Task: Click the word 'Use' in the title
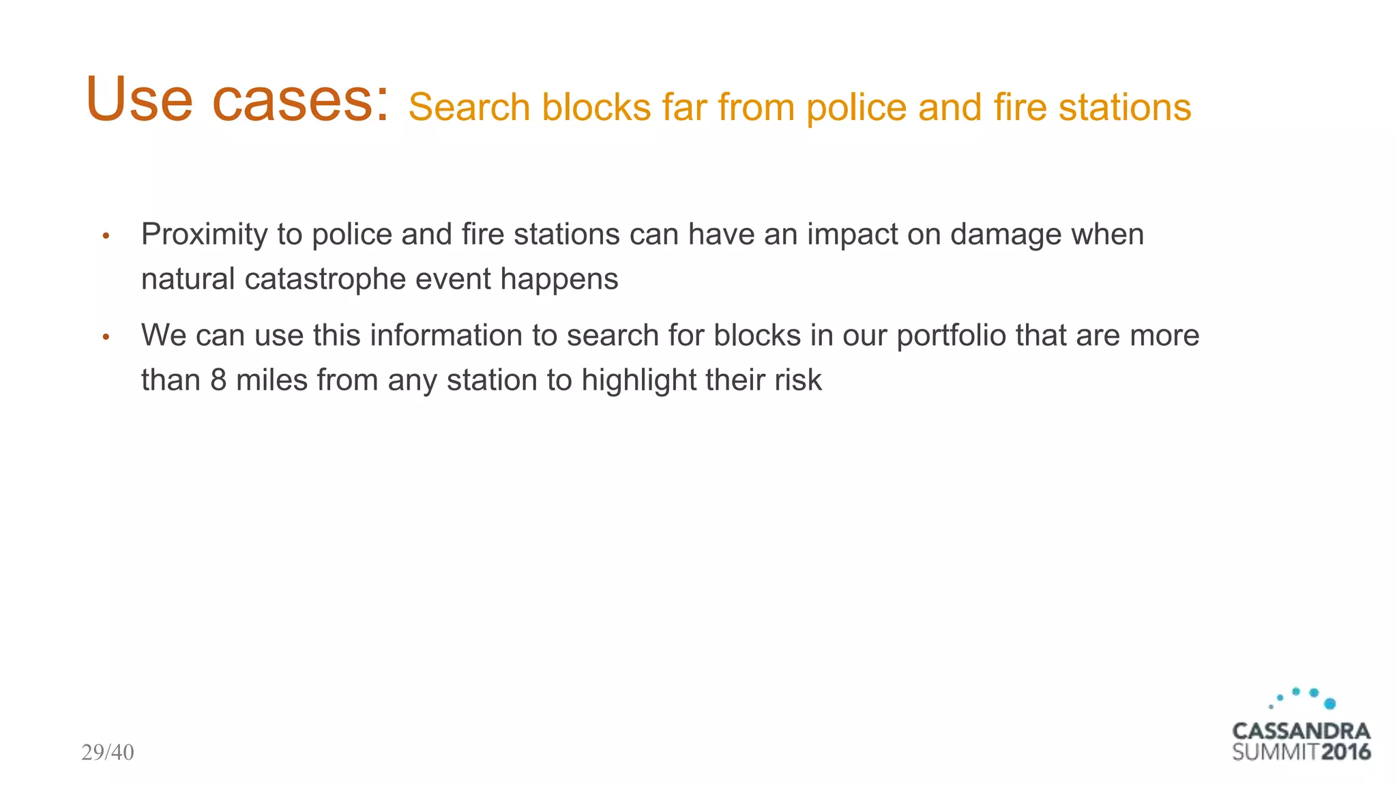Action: click(140, 100)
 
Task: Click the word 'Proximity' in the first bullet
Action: click(205, 235)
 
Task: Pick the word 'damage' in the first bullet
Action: click(1005, 235)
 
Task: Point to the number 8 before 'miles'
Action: click(218, 380)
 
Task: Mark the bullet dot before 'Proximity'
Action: click(106, 237)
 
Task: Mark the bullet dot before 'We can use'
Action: click(106, 337)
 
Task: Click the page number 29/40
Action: click(108, 753)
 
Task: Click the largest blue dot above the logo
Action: click(1329, 703)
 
